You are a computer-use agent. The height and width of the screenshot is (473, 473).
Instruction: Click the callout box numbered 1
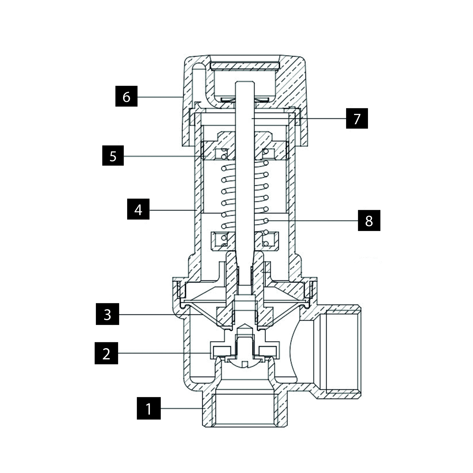(149, 408)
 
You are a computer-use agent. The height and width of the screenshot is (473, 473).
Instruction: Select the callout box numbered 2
(106, 353)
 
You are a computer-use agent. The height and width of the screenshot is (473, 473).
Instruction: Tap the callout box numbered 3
(107, 314)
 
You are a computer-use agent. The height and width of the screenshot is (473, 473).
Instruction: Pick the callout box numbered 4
(138, 209)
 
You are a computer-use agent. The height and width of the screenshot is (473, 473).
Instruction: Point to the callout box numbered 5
(113, 156)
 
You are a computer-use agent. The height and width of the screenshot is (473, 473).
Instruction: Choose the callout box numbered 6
(126, 96)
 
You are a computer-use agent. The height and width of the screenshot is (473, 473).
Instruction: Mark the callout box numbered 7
(357, 118)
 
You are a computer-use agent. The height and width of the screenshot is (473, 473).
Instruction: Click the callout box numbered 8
(369, 220)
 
